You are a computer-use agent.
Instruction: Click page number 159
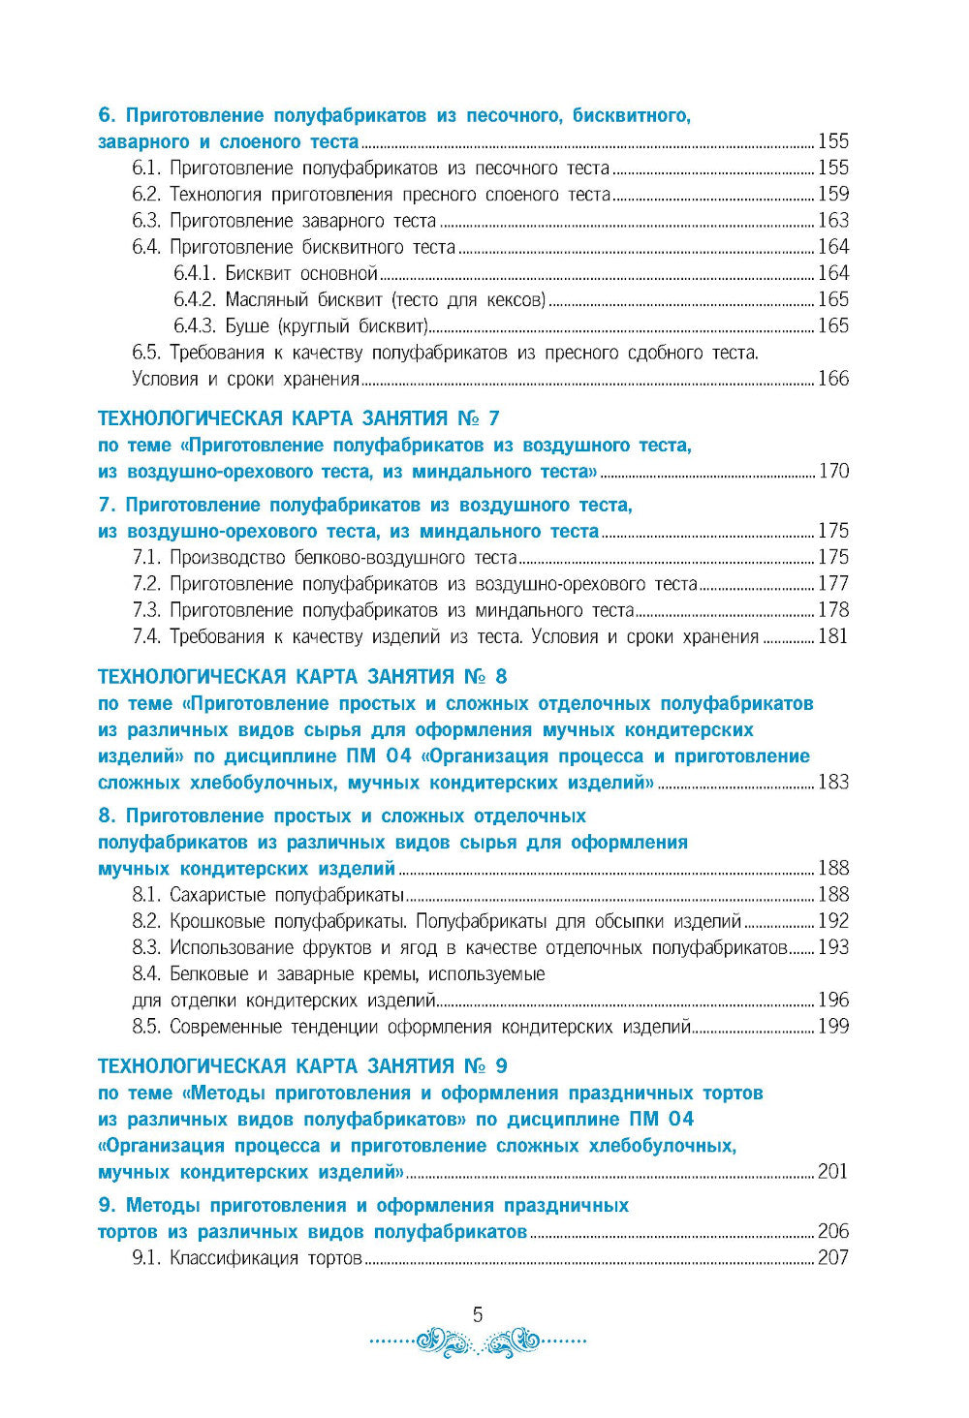[x=832, y=195]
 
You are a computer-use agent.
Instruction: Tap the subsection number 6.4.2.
[x=196, y=300]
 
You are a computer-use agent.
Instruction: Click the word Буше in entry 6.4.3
[x=247, y=326]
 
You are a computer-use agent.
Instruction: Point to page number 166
[x=832, y=379]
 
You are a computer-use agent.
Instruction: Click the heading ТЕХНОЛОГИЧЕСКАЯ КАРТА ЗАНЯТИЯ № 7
[x=299, y=418]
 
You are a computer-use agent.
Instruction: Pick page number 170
[x=832, y=472]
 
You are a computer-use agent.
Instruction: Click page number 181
[x=832, y=636]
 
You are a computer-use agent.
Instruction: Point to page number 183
[x=832, y=782]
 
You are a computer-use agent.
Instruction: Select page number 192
[x=832, y=921]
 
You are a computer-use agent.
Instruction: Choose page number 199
[x=832, y=1027]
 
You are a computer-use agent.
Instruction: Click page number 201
[x=832, y=1172]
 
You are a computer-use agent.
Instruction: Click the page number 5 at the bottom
[x=477, y=1314]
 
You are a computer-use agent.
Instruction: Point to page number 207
[x=832, y=1258]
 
